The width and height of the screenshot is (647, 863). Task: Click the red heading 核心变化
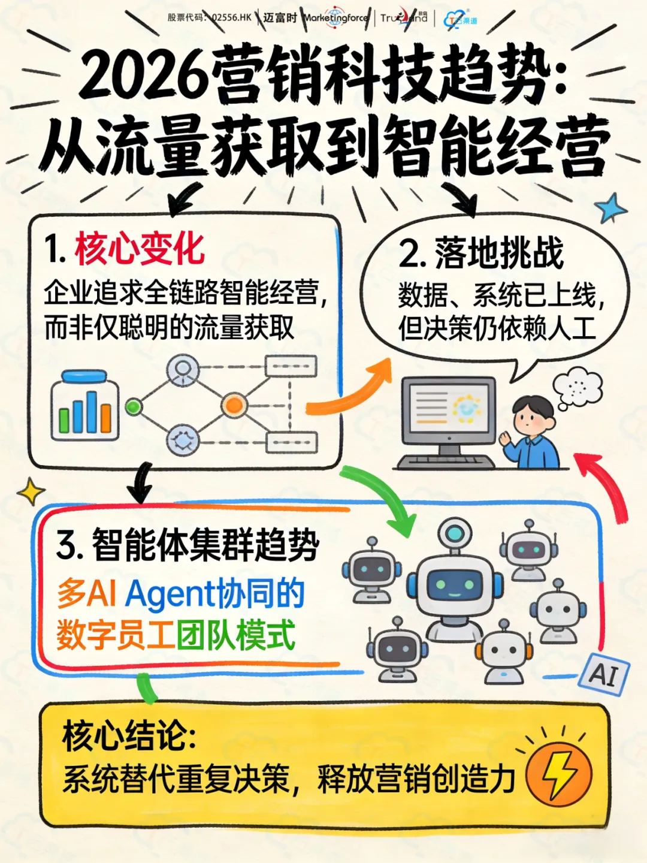(x=139, y=249)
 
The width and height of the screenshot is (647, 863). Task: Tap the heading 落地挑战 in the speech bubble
(x=498, y=253)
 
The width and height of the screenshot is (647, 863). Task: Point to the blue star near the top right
(x=610, y=208)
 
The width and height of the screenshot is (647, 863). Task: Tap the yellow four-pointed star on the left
(x=31, y=493)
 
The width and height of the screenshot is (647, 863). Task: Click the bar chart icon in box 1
(x=84, y=406)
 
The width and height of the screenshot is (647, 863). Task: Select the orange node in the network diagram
(x=234, y=405)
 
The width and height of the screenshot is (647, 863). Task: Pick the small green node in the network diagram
(x=133, y=407)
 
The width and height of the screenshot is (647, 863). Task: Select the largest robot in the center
(x=455, y=584)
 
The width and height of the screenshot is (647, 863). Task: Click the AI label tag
(x=604, y=674)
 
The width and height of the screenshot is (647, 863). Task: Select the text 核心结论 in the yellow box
(x=129, y=737)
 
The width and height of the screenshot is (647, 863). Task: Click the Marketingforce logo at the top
(x=335, y=18)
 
